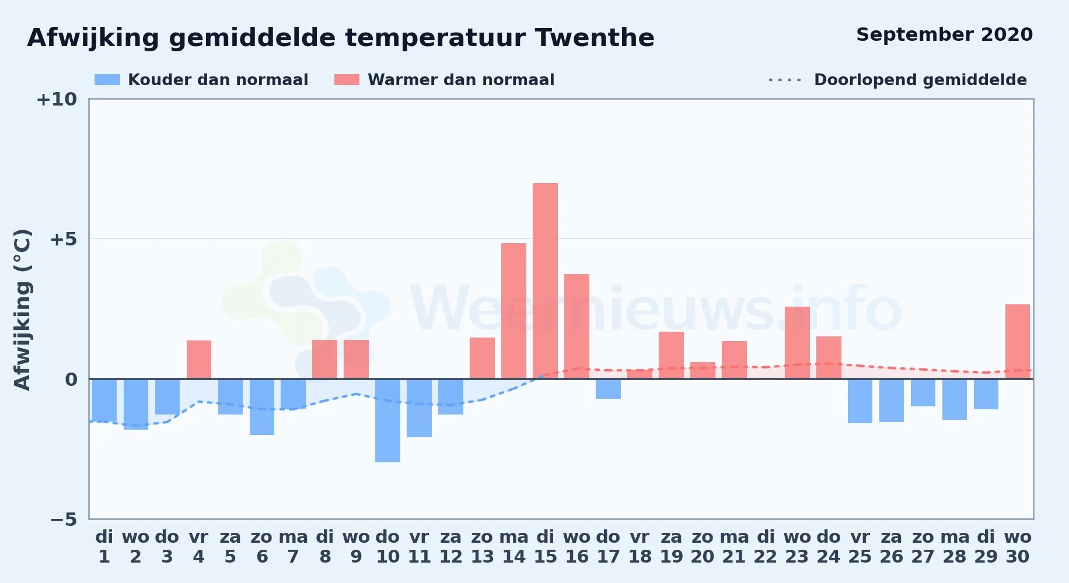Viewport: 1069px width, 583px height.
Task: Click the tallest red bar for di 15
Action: [545, 281]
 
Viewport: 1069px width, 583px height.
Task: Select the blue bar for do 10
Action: [387, 420]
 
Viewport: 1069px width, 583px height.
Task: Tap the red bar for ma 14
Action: [513, 311]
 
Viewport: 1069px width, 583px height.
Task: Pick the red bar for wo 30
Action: [1018, 342]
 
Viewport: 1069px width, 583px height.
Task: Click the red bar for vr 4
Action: [199, 360]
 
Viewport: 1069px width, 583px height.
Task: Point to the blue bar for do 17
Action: [608, 389]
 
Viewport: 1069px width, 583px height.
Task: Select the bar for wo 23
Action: [797, 343]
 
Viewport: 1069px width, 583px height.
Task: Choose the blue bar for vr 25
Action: [860, 401]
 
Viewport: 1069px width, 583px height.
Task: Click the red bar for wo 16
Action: [577, 326]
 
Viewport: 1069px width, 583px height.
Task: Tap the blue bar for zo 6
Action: [262, 407]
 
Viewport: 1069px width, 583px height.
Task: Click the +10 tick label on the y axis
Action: [57, 99]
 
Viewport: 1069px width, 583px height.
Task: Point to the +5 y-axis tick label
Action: [63, 239]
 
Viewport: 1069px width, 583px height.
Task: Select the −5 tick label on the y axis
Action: [63, 519]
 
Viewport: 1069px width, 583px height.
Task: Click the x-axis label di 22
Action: [766, 547]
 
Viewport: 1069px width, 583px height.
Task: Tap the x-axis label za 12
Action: [450, 547]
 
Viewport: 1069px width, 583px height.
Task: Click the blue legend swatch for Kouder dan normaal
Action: [107, 80]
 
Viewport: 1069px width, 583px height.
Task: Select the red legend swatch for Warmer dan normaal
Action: [347, 80]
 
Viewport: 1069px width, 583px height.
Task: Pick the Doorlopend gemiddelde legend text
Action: [920, 80]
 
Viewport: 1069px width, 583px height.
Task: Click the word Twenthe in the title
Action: [595, 38]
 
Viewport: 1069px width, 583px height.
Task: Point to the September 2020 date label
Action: [945, 34]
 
